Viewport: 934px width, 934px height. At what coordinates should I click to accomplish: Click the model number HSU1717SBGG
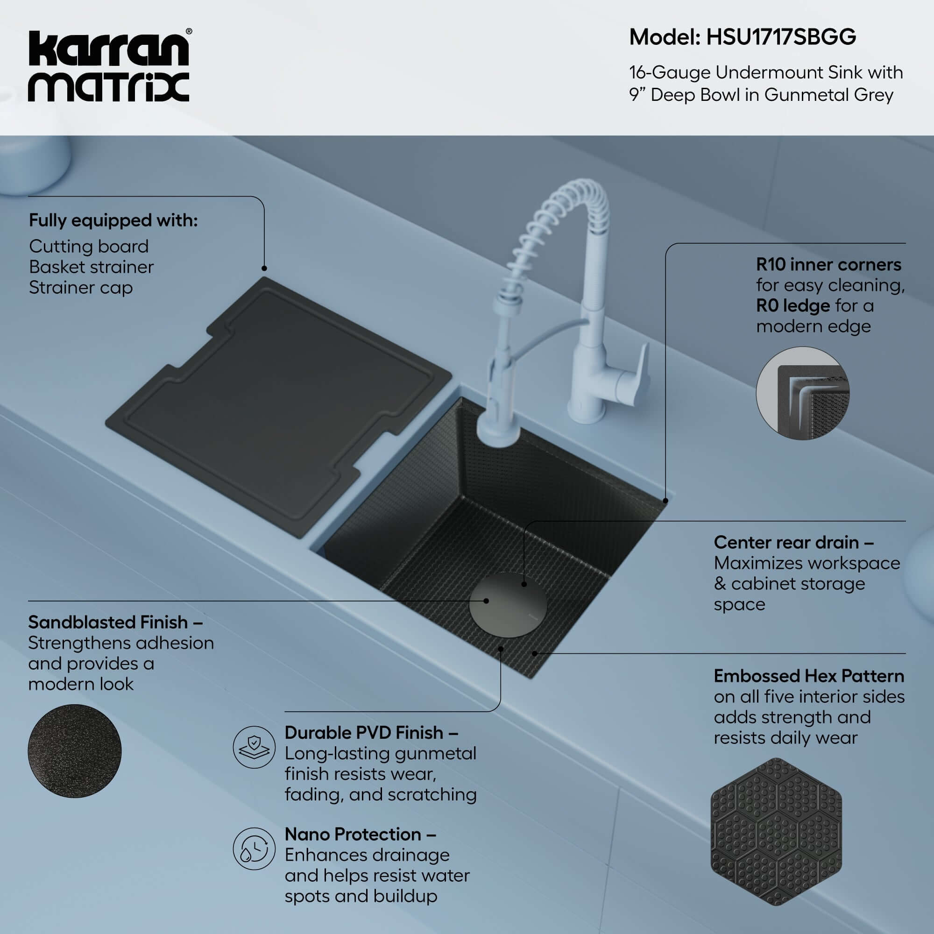tap(781, 37)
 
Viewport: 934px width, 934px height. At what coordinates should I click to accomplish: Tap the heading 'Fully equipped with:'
tap(113, 220)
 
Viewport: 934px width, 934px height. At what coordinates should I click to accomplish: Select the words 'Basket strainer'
tap(92, 267)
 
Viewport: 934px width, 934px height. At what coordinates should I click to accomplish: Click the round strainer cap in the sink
tap(508, 605)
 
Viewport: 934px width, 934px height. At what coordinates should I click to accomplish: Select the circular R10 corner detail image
tap(802, 393)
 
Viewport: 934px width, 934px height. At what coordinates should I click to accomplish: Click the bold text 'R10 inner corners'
tap(828, 265)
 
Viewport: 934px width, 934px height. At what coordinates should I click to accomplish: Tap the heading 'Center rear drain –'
tap(793, 542)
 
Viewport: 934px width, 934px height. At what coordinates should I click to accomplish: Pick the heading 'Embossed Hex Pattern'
tap(808, 676)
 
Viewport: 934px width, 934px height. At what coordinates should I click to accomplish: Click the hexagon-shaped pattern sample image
tap(776, 832)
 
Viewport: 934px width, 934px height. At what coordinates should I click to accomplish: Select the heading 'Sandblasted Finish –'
tap(115, 622)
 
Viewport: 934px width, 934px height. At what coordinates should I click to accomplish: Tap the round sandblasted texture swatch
tap(74, 751)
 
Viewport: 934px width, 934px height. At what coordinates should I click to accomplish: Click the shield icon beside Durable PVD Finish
tap(254, 747)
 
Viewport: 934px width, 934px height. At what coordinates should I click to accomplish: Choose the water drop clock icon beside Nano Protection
tap(254, 849)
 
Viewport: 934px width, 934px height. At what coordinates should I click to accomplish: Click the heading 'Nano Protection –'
tap(360, 835)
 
